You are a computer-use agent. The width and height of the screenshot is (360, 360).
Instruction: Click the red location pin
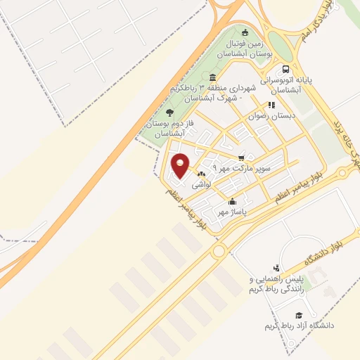[181, 165]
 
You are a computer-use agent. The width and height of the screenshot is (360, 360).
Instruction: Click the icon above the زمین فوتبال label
[245, 32]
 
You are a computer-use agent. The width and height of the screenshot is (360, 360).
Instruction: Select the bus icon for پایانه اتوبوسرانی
[285, 70]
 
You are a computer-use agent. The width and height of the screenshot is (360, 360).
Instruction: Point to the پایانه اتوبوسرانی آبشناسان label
[285, 85]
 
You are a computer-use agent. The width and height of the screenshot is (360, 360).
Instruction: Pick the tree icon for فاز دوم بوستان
[168, 111]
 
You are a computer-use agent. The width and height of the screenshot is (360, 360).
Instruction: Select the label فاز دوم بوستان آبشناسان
[165, 127]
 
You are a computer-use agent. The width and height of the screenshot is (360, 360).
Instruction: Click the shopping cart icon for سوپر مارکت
[242, 157]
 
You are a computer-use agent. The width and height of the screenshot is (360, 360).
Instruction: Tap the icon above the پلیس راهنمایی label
[276, 268]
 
